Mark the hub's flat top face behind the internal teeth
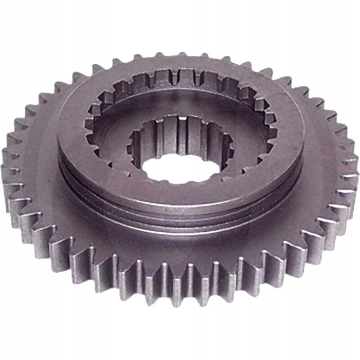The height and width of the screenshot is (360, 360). (180, 67)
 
